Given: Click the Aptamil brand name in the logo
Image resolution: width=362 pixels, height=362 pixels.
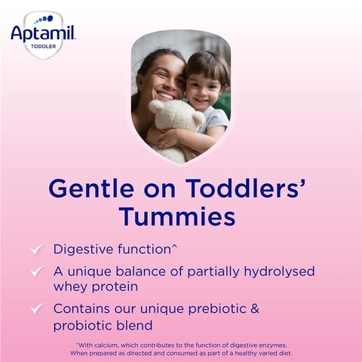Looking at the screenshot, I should tap(42, 32).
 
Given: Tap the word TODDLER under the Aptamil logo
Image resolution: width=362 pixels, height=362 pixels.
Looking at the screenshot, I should tap(42, 46).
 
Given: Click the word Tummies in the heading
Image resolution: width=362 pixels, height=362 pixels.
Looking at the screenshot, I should tap(176, 216).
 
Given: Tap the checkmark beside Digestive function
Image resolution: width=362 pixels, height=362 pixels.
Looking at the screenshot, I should tap(36, 249).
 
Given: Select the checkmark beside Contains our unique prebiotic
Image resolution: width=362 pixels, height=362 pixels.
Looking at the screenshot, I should tap(36, 308).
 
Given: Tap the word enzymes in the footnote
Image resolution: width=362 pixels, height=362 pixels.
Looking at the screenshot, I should tap(267, 345).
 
